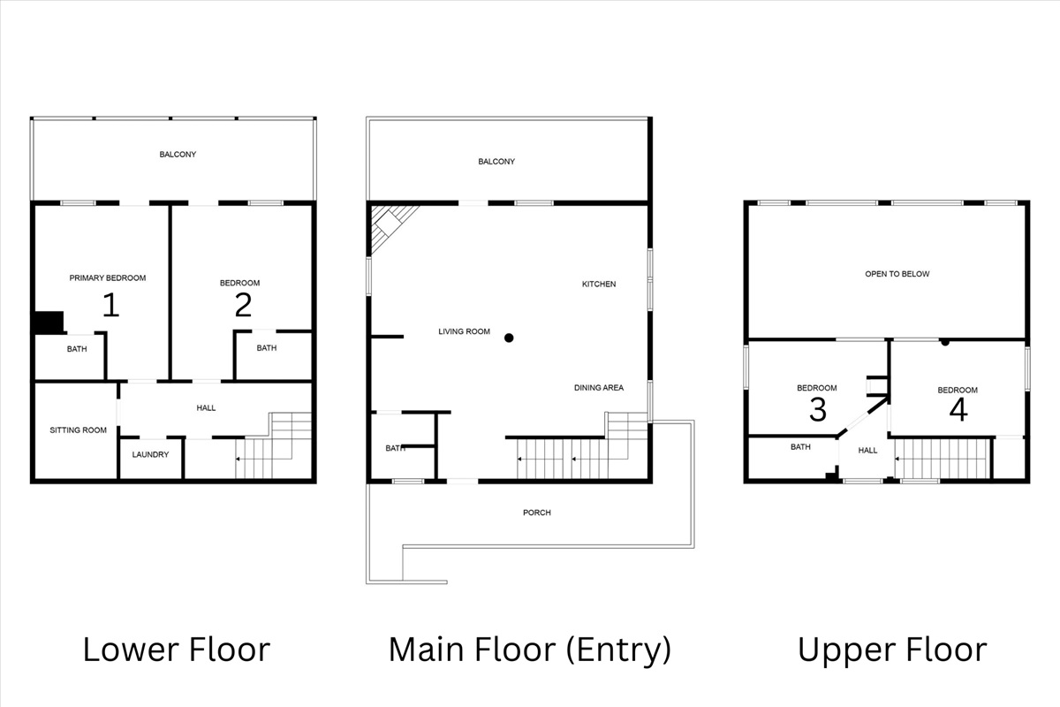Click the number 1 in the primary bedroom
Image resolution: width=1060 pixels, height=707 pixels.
[110, 305]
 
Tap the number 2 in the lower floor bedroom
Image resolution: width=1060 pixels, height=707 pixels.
[243, 305]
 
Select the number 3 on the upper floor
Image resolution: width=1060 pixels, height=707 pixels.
[818, 409]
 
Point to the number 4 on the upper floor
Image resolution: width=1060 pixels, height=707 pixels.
[958, 410]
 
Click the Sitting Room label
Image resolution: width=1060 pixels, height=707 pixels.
[78, 430]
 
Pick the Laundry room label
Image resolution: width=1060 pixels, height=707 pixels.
[150, 455]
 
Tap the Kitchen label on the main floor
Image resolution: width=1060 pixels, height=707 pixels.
[599, 285]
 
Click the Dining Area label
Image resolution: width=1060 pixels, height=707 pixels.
[599, 388]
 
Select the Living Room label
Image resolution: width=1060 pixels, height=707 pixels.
[464, 332]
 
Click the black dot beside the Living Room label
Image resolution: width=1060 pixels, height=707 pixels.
[509, 338]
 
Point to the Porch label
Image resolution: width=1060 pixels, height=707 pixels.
[536, 513]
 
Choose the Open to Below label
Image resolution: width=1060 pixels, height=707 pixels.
[897, 274]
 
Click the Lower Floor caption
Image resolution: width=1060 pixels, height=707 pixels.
[176, 650]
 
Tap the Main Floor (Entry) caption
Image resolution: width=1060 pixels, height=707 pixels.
[529, 650]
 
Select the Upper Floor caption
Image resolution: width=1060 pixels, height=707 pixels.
[892, 650]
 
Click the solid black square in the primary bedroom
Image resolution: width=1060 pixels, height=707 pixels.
[48, 323]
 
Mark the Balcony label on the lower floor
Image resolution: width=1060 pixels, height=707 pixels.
[178, 155]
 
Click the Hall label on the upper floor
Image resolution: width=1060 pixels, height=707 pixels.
[868, 451]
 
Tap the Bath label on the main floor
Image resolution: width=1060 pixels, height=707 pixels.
[395, 448]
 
